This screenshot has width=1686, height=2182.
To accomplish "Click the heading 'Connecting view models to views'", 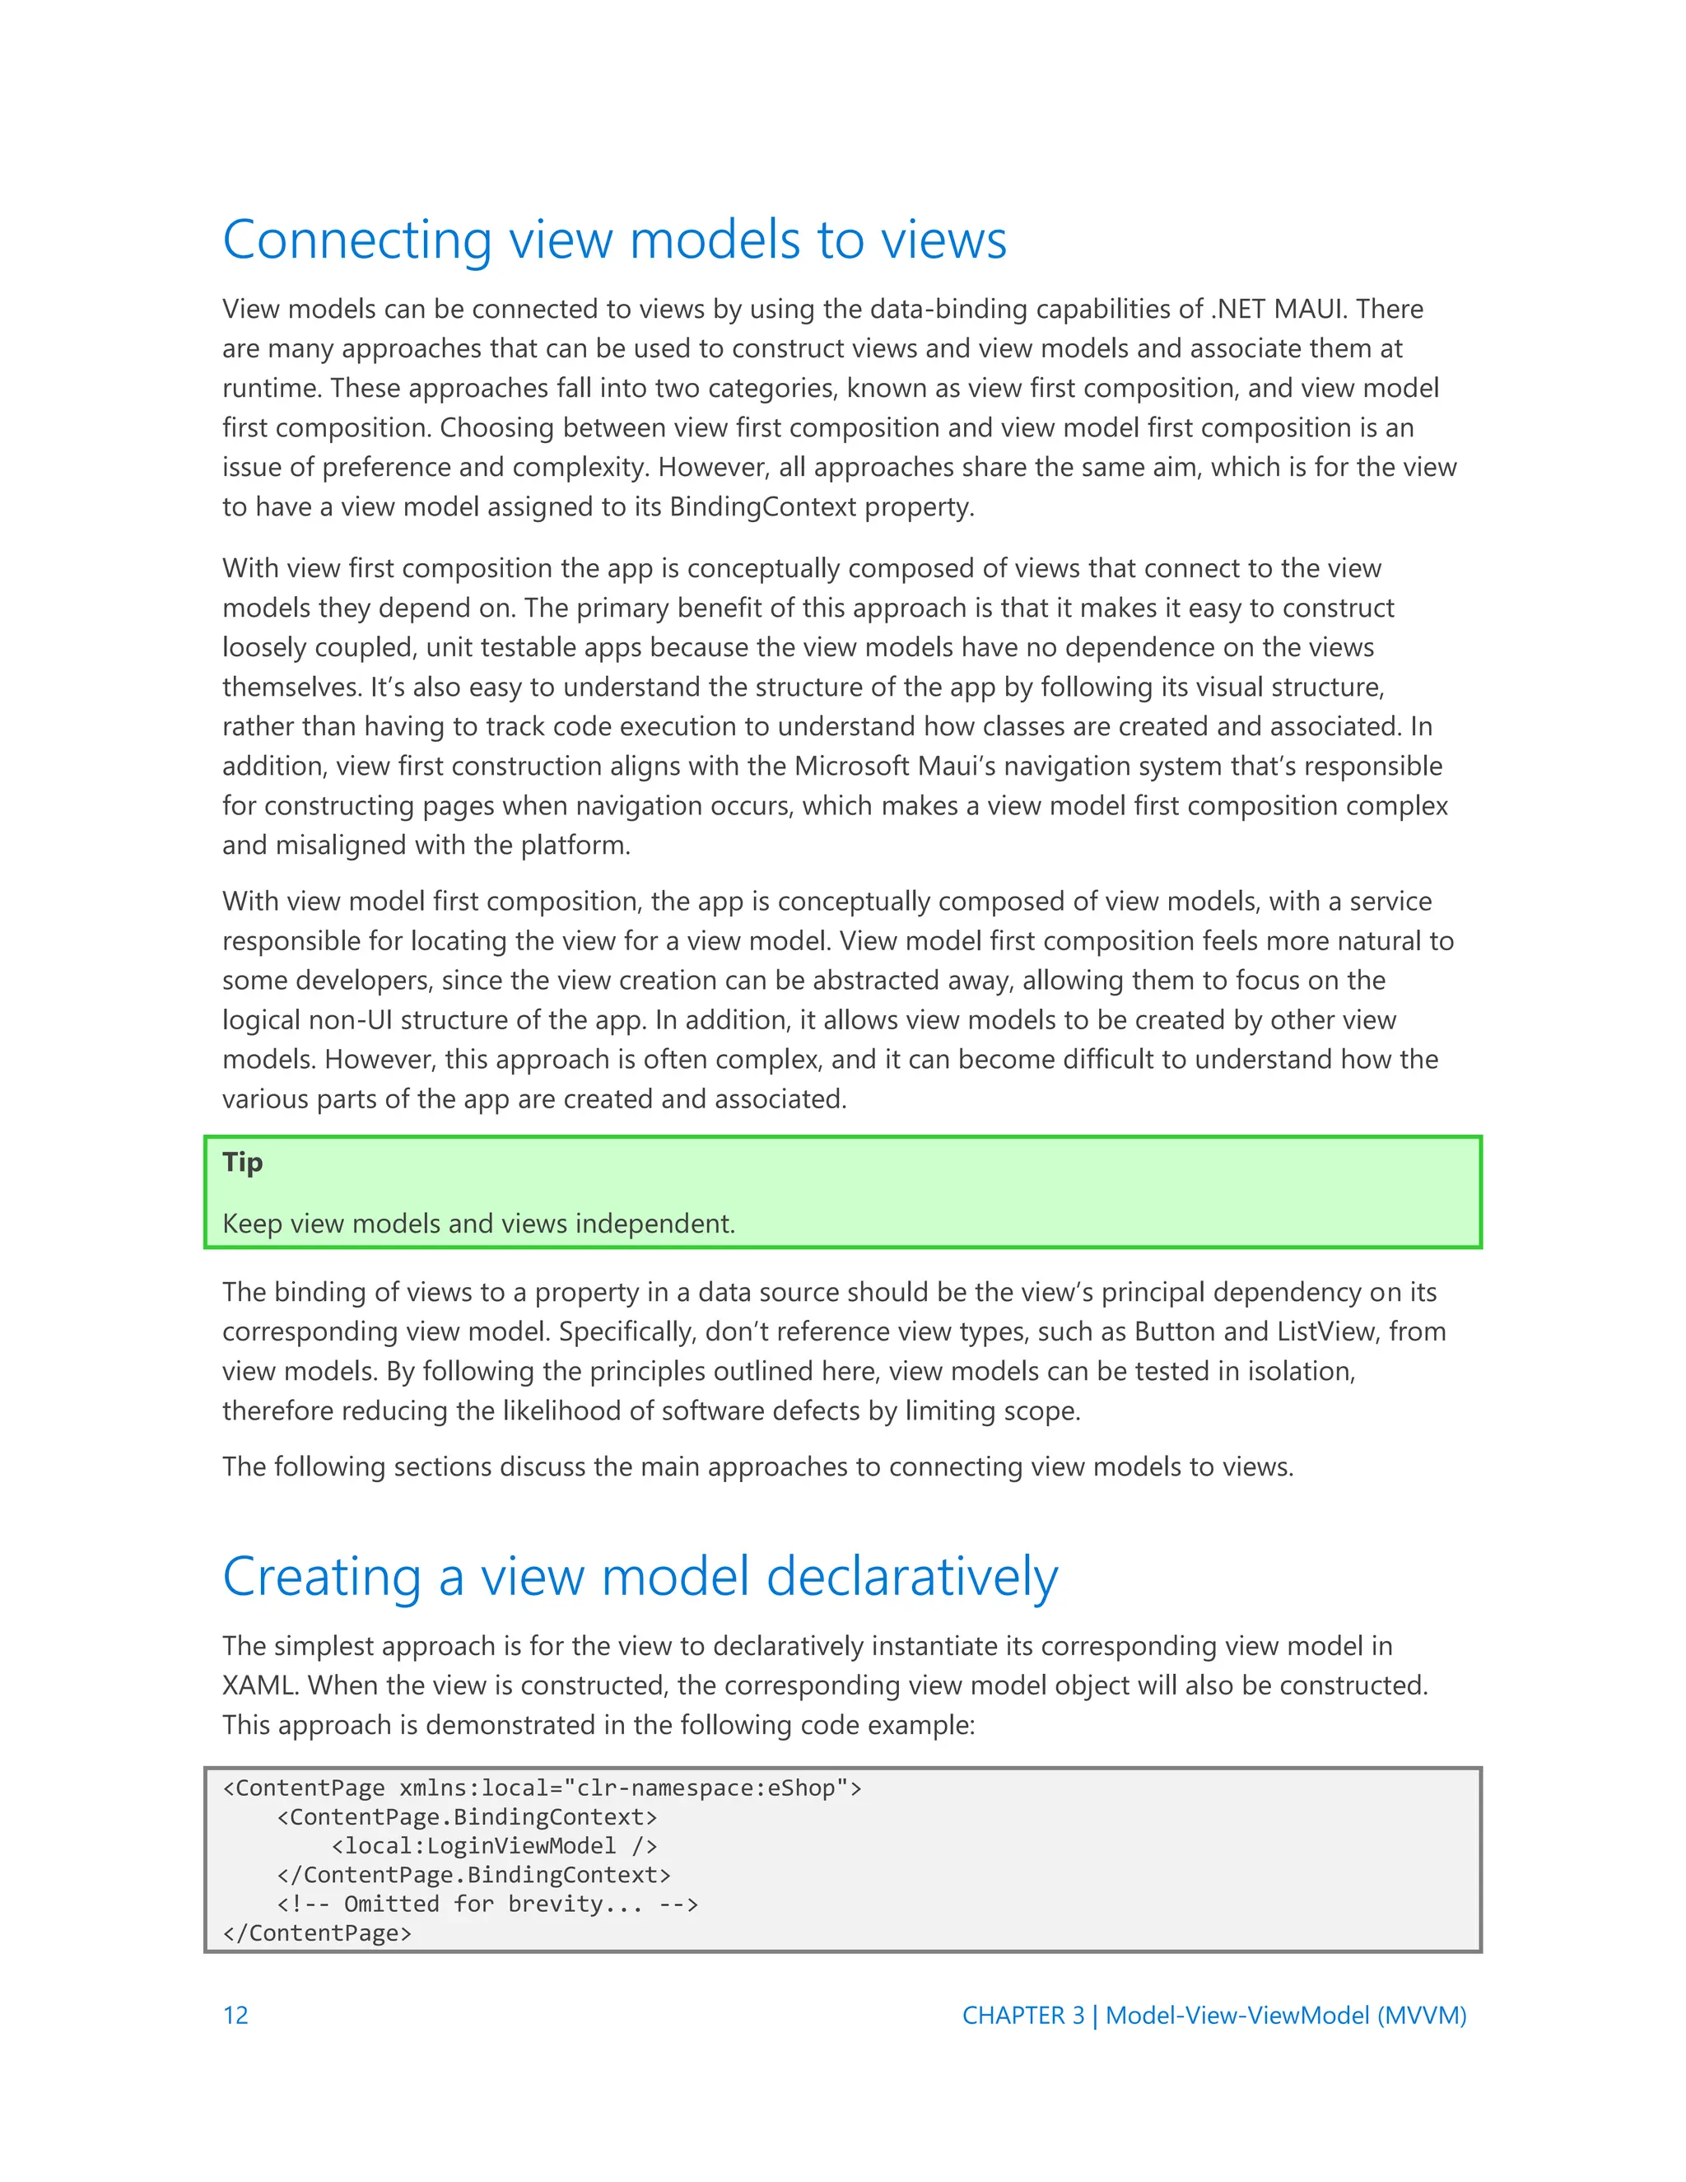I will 614,240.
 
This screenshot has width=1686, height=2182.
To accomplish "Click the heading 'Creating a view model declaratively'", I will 639,1578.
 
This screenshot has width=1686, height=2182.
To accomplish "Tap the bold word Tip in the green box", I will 242,1162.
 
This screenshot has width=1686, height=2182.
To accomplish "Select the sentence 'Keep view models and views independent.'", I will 478,1224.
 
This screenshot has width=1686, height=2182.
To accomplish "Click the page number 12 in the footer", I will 235,2015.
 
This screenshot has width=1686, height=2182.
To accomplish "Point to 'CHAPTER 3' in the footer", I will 1022,2015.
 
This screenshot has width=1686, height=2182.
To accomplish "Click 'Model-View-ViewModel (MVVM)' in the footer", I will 1285,2015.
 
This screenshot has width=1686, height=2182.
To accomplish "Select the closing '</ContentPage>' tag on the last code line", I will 317,1933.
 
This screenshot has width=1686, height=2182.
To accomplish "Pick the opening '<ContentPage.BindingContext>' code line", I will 467,1816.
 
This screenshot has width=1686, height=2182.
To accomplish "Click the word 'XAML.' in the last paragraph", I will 258,1685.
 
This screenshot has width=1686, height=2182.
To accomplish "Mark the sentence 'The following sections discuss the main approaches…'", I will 757,1466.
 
